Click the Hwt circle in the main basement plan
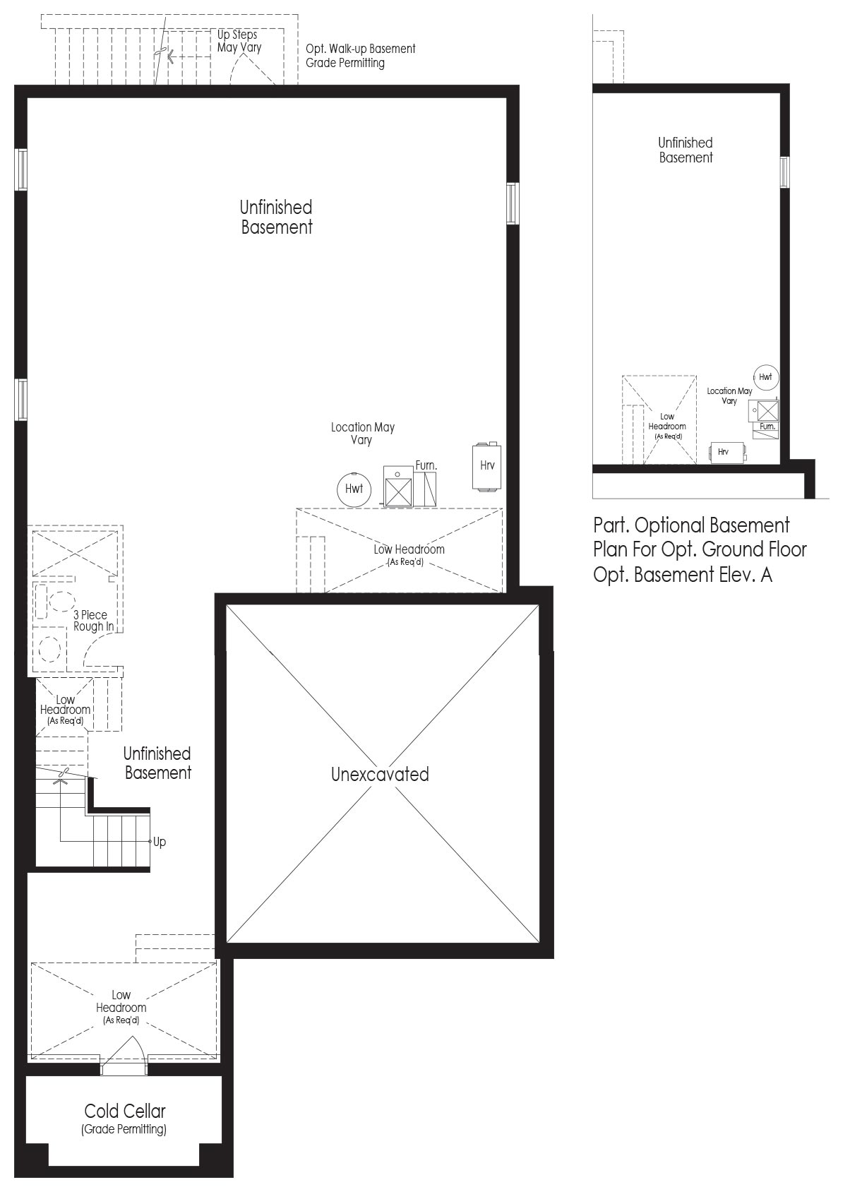(x=354, y=489)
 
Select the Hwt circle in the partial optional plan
(x=765, y=377)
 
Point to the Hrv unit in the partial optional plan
(x=727, y=453)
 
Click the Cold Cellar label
(x=125, y=1111)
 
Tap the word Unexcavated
(x=380, y=774)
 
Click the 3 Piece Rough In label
(x=93, y=621)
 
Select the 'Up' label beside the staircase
(x=160, y=842)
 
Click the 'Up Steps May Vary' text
(x=239, y=41)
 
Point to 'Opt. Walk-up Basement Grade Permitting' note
(x=361, y=56)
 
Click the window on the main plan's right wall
(x=513, y=203)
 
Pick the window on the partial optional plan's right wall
(x=784, y=172)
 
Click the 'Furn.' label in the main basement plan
(x=426, y=465)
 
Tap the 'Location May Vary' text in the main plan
(x=362, y=434)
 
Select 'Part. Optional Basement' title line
(x=691, y=525)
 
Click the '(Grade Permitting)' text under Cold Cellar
(x=124, y=1129)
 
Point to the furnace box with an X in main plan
(x=398, y=487)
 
